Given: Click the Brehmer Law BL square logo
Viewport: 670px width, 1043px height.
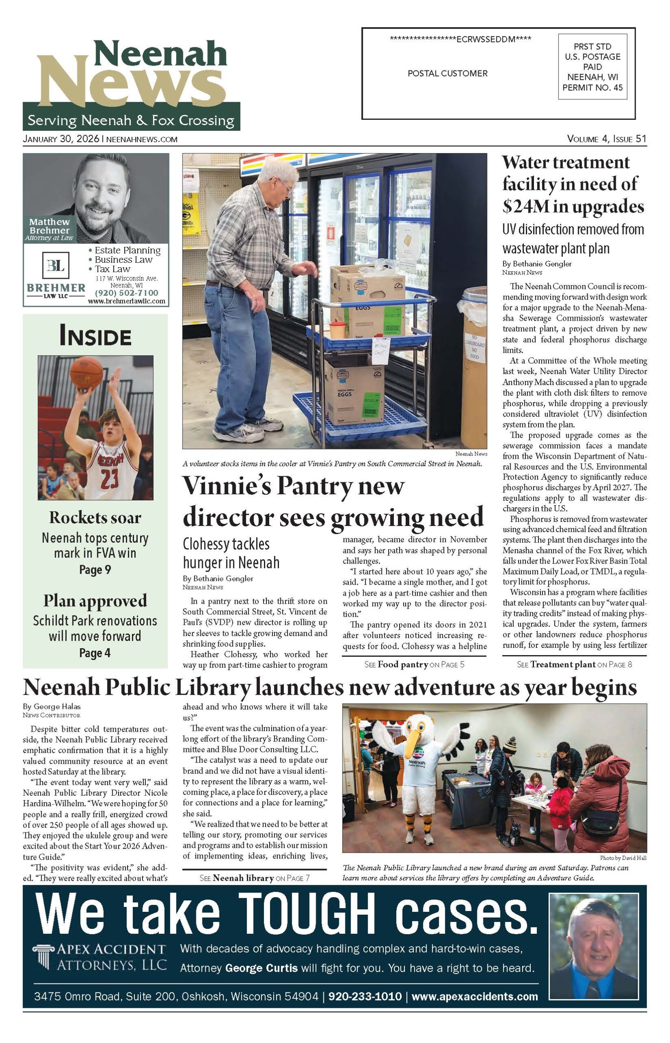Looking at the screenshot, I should [x=55, y=265].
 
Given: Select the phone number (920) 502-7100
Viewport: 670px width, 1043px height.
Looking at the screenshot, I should [x=127, y=293].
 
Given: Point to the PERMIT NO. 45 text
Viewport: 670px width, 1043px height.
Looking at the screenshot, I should [x=592, y=88].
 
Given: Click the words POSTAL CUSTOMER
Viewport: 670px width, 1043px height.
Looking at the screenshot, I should [x=447, y=73].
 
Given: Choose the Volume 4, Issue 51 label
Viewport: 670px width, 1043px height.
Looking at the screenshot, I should [x=606, y=139].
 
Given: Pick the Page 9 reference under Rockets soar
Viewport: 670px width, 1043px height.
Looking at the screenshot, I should [x=95, y=570].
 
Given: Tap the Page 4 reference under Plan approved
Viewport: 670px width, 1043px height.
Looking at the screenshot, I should [x=95, y=653].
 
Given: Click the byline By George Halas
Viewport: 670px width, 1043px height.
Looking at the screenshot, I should [x=52, y=706].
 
